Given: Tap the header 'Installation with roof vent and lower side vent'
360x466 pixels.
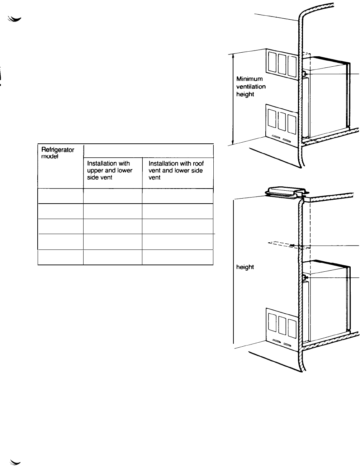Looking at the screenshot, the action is tap(176, 170).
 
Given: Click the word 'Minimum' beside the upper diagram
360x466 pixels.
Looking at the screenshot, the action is tap(250, 79).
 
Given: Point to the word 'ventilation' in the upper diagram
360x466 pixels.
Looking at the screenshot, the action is tap(251, 86).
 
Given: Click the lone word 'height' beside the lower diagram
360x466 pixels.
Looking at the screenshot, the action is tap(245, 267).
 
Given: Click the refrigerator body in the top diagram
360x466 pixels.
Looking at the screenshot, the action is tap(326, 97).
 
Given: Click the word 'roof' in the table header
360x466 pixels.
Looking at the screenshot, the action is tap(198, 163).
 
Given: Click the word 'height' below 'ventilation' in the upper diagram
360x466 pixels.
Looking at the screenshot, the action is tap(245, 94).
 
